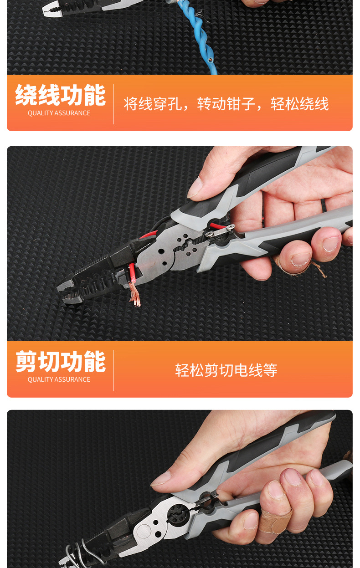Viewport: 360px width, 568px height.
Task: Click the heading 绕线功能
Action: click(x=60, y=95)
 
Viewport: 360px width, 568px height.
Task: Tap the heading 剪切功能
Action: click(x=60, y=362)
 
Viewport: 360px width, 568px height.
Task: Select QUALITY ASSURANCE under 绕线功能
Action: click(x=59, y=113)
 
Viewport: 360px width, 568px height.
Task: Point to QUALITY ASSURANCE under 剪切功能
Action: click(x=59, y=379)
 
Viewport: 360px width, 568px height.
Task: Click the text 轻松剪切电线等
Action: click(x=226, y=370)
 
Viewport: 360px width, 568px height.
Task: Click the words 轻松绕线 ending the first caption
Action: click(x=299, y=104)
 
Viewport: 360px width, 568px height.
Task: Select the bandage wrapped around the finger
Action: click(x=276, y=519)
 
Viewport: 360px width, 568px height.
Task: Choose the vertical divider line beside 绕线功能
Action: click(x=113, y=104)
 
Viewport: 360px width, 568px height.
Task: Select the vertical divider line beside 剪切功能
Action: click(x=113, y=370)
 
